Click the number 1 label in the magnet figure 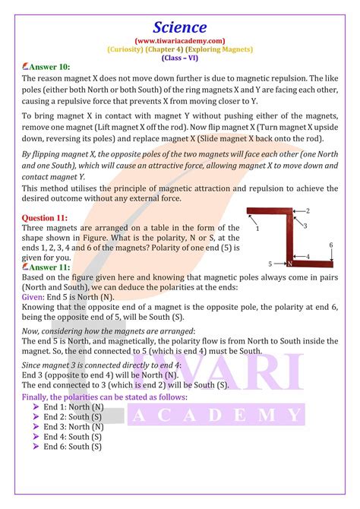click(257, 227)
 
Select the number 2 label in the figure click(308, 210)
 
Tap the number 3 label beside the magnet click(305, 226)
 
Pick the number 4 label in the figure click(307, 257)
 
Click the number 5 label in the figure click(271, 264)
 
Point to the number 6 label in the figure click(330, 245)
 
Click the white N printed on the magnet click(289, 264)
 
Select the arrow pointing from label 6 click(330, 254)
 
